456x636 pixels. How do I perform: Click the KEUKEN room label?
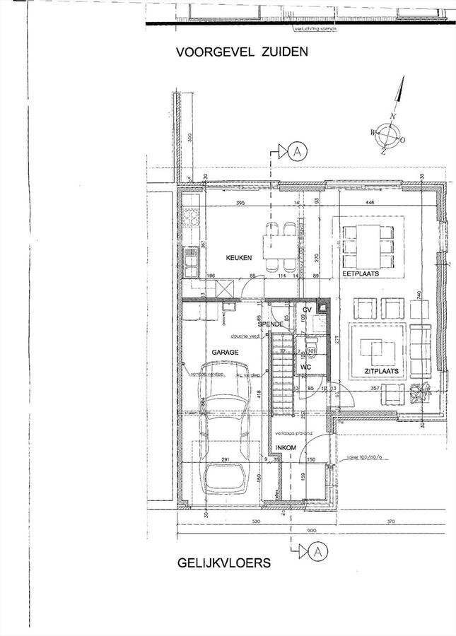238,259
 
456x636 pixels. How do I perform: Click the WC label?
306,367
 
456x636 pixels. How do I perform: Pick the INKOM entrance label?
286,448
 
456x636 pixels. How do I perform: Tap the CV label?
308,310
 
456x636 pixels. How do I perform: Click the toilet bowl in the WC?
310,346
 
